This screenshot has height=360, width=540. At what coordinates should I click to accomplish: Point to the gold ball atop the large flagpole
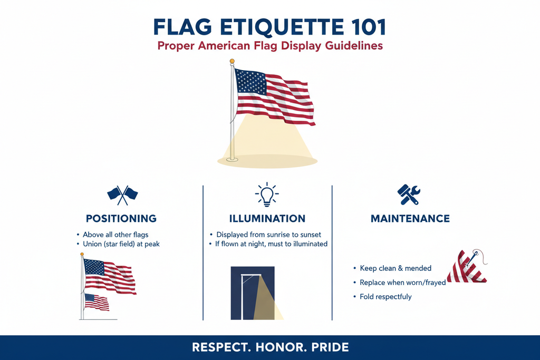click(232, 62)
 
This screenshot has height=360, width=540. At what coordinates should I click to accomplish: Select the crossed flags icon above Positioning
click(122, 194)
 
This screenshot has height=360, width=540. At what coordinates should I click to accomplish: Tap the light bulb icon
click(267, 194)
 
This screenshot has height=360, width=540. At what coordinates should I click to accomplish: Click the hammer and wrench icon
click(408, 194)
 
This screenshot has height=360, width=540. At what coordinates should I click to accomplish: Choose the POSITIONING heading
click(121, 218)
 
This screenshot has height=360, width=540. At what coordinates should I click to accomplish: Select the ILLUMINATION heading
click(267, 218)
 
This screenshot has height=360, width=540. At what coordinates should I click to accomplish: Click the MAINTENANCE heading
click(410, 218)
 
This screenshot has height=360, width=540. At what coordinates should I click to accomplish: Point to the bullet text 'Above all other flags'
click(117, 235)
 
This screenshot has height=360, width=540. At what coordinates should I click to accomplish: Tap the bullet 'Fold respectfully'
click(385, 297)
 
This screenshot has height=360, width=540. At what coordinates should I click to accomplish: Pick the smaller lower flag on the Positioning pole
click(97, 301)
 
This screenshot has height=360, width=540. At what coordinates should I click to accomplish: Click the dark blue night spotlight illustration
click(253, 293)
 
